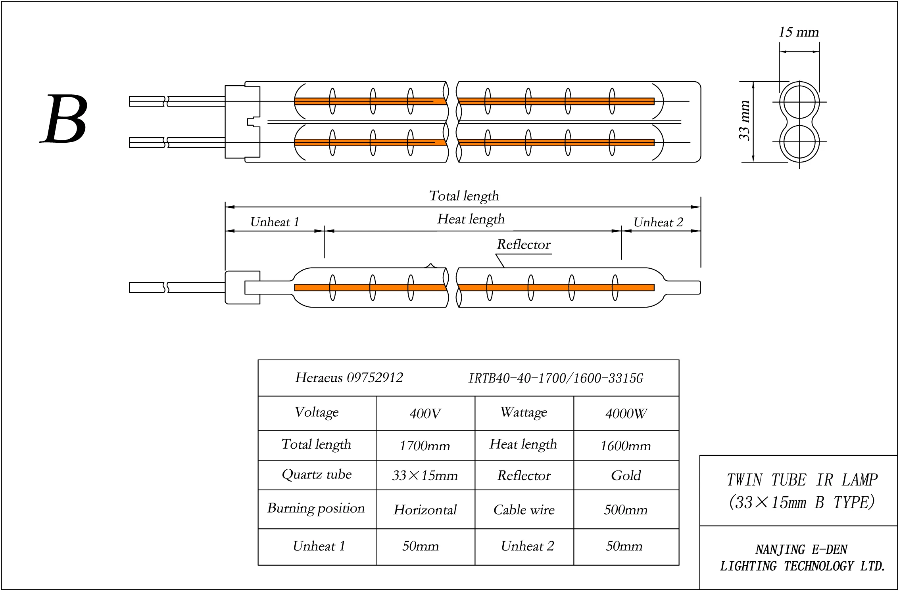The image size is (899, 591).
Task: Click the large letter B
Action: click(65, 119)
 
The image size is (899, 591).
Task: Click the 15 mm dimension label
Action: click(798, 32)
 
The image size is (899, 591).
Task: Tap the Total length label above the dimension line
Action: click(464, 196)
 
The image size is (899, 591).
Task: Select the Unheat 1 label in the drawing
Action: click(275, 222)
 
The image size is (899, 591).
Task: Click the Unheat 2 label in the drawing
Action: click(658, 222)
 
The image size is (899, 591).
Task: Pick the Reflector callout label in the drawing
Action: click(524, 245)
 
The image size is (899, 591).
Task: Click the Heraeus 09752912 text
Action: click(349, 378)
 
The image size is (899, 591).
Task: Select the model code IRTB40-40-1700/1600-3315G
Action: click(555, 379)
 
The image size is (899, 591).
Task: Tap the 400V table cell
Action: click(425, 414)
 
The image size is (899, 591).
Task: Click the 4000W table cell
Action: click(626, 414)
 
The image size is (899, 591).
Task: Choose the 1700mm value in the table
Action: click(425, 446)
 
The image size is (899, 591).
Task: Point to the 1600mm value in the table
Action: click(625, 446)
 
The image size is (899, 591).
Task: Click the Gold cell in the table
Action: click(626, 475)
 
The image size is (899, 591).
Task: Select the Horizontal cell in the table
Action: click(425, 510)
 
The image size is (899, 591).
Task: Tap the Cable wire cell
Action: click(524, 510)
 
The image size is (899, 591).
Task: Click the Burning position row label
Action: click(316, 509)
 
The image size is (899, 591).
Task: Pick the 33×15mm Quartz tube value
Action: click(425, 475)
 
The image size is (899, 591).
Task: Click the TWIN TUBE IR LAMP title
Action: click(802, 480)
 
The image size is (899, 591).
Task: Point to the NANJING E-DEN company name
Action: click(801, 550)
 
